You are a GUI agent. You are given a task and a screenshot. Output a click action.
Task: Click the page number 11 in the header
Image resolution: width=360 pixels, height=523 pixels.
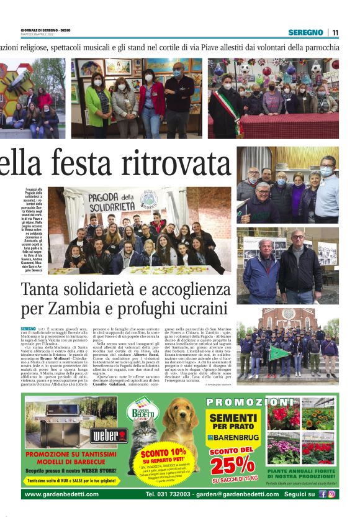coord(335,32)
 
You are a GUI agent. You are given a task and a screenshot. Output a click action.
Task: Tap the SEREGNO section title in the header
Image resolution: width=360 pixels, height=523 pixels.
coord(305,32)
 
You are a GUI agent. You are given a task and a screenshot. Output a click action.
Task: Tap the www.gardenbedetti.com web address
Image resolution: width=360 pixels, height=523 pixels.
coord(61,494)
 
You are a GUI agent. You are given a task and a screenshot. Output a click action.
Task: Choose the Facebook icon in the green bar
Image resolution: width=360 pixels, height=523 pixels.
coord(322,494)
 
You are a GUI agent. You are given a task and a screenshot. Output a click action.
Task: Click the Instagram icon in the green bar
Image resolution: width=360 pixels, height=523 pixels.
coord(331,494)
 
